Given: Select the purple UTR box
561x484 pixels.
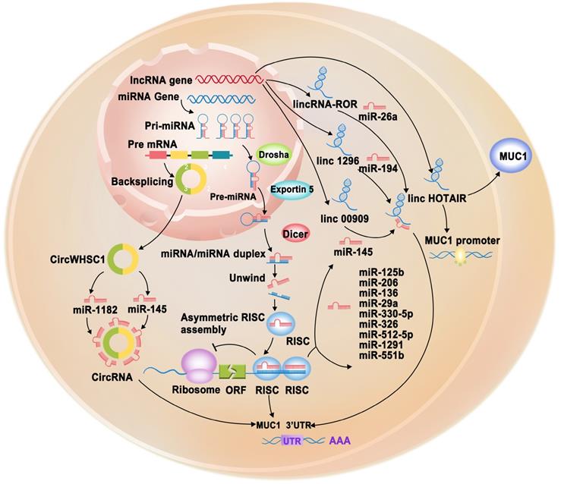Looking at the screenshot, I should click(289, 440).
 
